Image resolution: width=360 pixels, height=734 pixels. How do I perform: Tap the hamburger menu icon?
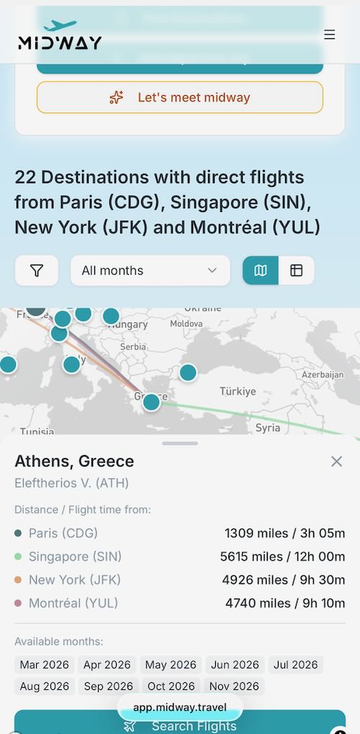329,35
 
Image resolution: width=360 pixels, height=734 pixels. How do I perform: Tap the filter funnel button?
37,270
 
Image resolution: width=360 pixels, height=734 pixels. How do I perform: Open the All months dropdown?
150,270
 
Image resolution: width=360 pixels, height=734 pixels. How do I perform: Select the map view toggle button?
261,270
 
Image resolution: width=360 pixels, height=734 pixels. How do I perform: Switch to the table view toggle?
297,270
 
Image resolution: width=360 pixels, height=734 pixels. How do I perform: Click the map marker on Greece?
151,402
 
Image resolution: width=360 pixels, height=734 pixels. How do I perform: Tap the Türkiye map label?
238,392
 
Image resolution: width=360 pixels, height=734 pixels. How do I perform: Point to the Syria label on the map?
268,428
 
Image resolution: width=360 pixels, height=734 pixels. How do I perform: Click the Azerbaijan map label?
323,375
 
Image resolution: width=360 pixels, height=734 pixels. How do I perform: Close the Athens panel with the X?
336,461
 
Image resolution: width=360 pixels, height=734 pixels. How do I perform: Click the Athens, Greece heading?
74,461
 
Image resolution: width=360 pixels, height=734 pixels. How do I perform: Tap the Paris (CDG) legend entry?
63,534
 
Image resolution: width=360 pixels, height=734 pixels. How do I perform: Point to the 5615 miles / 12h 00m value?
282,557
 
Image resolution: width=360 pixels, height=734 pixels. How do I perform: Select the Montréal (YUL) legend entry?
73,603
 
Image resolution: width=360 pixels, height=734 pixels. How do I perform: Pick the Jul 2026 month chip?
296,665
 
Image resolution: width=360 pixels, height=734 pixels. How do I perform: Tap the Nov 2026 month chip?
234,686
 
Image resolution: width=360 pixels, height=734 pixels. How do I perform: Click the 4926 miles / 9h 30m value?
283,580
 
